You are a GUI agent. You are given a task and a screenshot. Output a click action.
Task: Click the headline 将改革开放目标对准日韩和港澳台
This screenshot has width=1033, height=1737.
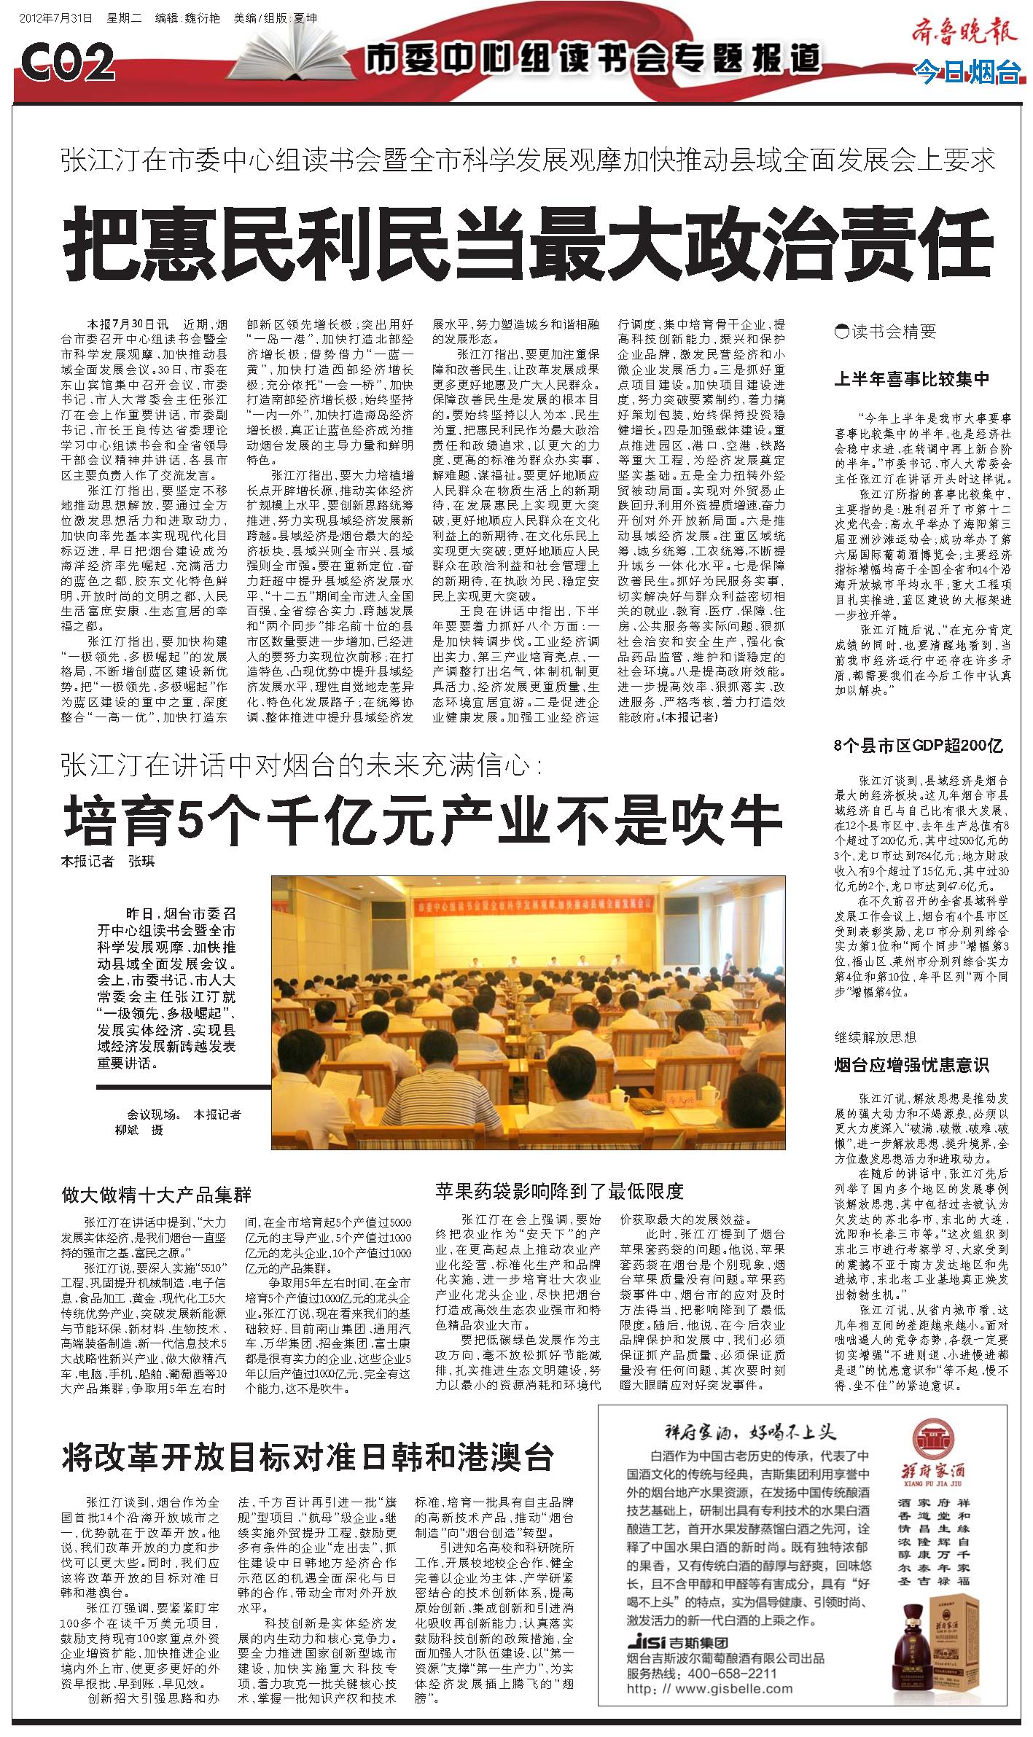coord(308,1437)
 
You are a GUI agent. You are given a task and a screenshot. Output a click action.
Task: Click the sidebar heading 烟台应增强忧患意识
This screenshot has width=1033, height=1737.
coord(911,1066)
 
